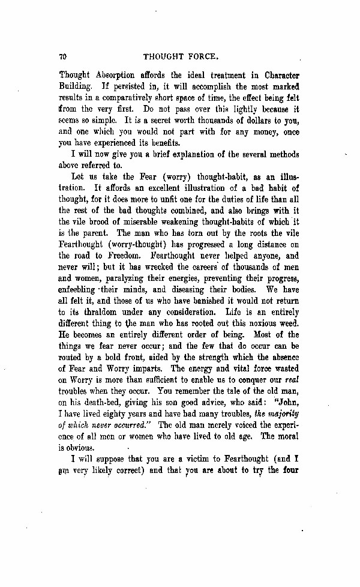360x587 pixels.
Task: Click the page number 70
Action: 63,57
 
